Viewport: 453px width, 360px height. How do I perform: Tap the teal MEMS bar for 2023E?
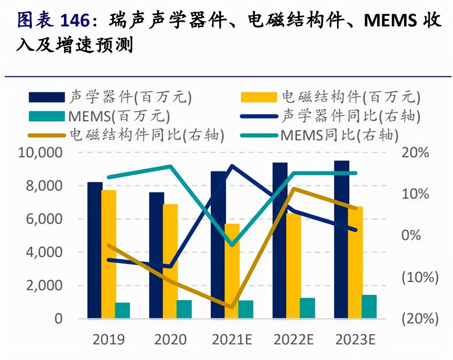pos(369,307)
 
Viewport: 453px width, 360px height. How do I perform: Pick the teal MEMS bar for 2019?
pos(122,310)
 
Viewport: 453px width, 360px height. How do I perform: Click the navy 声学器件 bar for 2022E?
pos(280,240)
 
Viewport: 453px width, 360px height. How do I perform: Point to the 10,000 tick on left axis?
pos(40,152)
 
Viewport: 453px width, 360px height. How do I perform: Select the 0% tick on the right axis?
pos(411,235)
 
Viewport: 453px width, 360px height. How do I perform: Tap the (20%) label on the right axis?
pos(420,318)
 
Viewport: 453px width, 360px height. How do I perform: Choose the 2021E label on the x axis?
pos(232,339)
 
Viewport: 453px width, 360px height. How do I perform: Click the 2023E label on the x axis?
pos(355,339)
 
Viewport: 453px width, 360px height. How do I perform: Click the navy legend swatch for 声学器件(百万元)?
pos(47,97)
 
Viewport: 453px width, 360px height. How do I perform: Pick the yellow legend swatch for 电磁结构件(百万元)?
pos(259,97)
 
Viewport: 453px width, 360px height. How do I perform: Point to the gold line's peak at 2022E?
pos(293,188)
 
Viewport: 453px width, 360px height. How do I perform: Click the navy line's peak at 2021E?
pos(232,166)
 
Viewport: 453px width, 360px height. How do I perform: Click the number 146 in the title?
pos(75,21)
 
